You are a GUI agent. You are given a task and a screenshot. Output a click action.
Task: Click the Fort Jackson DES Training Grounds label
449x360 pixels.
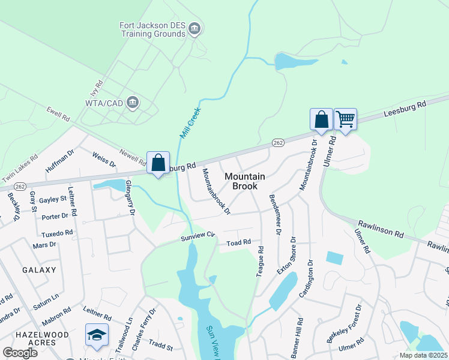152,29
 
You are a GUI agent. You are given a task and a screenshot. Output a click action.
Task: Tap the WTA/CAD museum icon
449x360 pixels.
133,103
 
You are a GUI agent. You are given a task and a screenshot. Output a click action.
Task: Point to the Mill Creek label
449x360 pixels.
190,121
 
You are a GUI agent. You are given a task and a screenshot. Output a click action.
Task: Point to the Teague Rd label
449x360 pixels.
260,262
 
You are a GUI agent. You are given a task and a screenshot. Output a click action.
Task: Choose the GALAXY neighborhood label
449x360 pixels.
39,270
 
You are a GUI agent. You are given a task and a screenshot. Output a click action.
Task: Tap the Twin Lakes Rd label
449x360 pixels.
20,169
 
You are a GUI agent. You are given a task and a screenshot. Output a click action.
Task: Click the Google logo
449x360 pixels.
20,352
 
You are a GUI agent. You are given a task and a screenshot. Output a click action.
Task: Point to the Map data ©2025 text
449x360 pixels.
423,355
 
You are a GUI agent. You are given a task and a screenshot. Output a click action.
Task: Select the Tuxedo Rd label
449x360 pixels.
57,232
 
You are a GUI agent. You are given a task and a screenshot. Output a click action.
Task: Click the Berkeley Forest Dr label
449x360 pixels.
344,324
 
